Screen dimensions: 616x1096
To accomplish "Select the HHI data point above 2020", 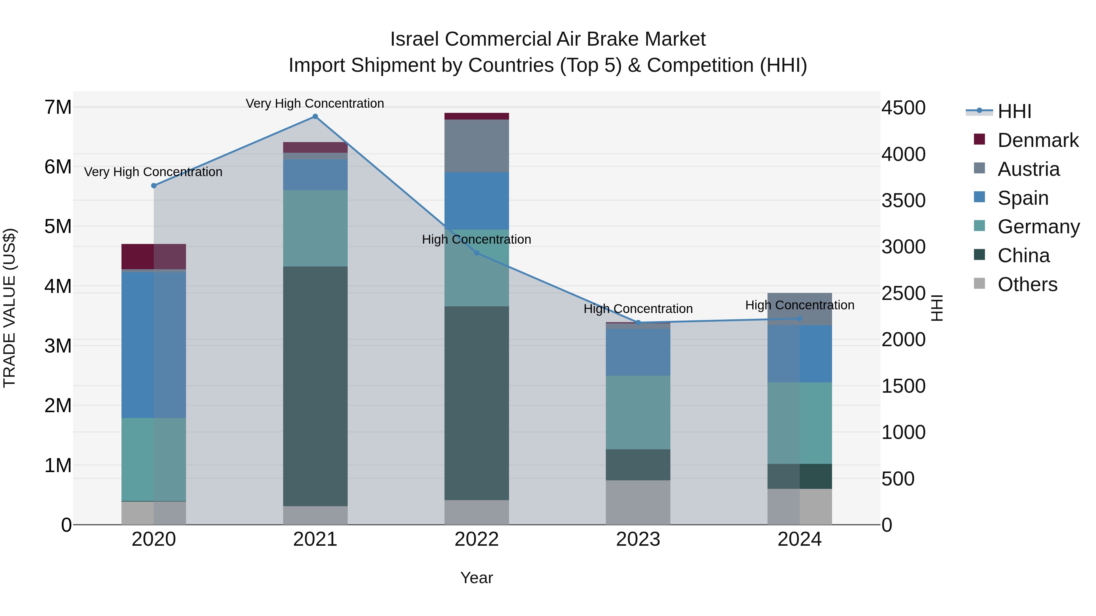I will (154, 186).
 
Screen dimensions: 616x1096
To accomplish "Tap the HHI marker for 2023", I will (638, 323).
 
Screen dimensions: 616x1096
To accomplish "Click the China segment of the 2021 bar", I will (315, 386).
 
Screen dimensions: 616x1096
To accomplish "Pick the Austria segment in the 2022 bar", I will (476, 146).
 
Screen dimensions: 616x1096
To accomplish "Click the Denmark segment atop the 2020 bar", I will (154, 256).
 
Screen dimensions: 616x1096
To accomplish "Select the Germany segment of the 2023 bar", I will (638, 412).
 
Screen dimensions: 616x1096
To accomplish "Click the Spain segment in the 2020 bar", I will (154, 345).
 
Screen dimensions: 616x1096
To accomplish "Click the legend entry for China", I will (1023, 256).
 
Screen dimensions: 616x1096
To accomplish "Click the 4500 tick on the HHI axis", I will (903, 108).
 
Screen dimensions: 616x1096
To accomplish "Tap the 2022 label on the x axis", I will (476, 539).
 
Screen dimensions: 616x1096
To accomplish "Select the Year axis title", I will (476, 578).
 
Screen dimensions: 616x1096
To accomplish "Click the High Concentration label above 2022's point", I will (476, 239).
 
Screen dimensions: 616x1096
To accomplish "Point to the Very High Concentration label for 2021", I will (315, 103).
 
